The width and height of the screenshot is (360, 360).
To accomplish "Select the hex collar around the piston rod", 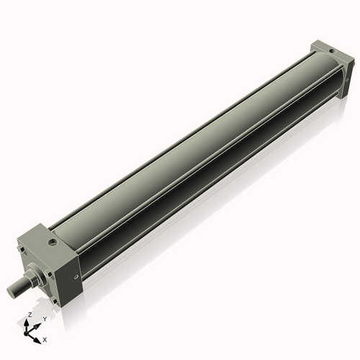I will (x=33, y=277).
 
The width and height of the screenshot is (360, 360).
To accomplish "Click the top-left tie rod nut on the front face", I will (x=27, y=252).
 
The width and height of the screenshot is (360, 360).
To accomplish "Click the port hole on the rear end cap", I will (x=330, y=50).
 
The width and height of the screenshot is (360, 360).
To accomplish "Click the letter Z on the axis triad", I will (x=29, y=315).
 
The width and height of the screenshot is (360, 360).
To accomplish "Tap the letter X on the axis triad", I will (x=45, y=338).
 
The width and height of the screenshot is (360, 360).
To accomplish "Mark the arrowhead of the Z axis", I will (x=29, y=323).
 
